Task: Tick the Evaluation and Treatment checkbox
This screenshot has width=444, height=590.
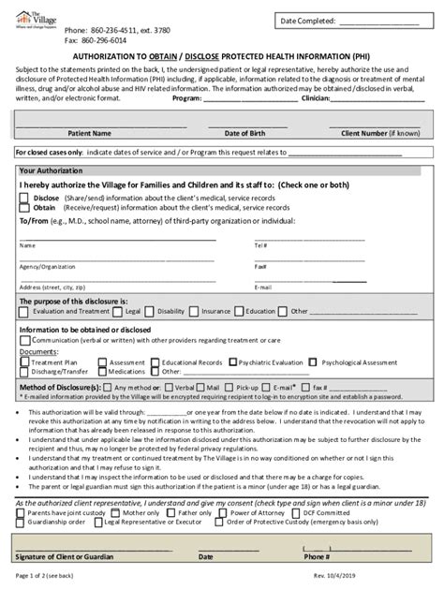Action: [26, 310]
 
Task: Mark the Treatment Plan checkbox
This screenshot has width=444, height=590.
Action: [26, 361]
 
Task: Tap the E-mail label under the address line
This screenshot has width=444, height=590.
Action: [261, 287]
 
